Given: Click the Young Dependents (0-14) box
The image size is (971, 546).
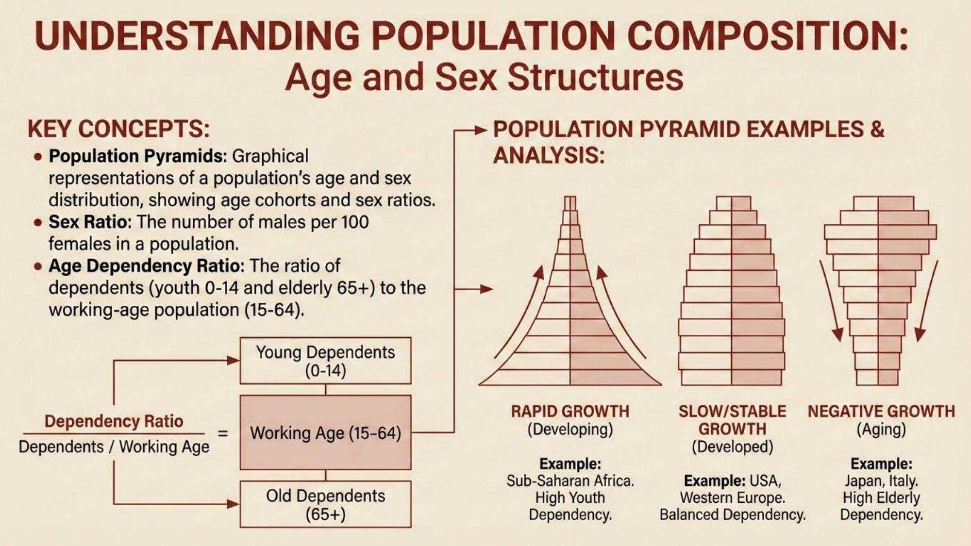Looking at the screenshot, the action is pyautogui.click(x=325, y=361).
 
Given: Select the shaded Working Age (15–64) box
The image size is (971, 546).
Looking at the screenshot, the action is pyautogui.click(x=325, y=432).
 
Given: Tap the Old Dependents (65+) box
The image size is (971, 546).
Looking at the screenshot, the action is pyautogui.click(x=325, y=504).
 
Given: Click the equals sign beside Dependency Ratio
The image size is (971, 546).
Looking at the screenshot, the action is pyautogui.click(x=223, y=433).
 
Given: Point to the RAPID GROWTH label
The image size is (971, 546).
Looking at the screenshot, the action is pyautogui.click(x=570, y=412).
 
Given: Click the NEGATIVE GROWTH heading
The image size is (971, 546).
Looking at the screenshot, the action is pyautogui.click(x=881, y=412).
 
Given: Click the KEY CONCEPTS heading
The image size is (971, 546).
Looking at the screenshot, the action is pyautogui.click(x=119, y=129).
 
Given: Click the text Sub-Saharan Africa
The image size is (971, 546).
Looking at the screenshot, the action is pyautogui.click(x=570, y=481).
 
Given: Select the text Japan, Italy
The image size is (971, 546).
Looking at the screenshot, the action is pyautogui.click(x=881, y=481).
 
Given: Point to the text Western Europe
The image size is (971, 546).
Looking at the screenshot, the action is pyautogui.click(x=732, y=498).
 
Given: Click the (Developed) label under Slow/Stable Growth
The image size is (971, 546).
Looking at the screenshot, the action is pyautogui.click(x=732, y=447).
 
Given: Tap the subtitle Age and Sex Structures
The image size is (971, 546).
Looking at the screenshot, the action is pyautogui.click(x=484, y=78).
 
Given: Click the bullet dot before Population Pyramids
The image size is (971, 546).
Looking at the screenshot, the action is pyautogui.click(x=38, y=157).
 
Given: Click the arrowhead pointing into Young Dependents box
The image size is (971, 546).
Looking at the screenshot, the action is pyautogui.click(x=234, y=360).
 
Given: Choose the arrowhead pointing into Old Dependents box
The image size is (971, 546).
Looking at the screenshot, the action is pyautogui.click(x=234, y=504).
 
